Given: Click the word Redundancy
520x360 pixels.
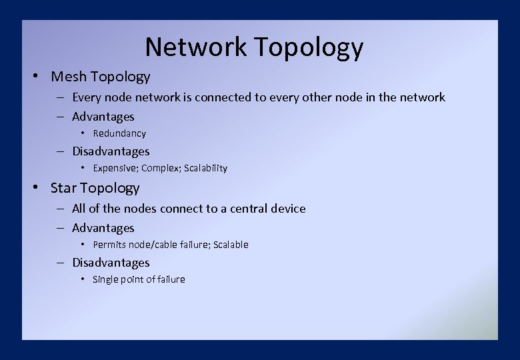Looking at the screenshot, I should (x=119, y=133).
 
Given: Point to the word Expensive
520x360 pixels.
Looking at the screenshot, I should (x=115, y=168).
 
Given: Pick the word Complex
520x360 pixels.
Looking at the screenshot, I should (x=159, y=168).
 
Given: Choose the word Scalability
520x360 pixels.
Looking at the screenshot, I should (x=203, y=168).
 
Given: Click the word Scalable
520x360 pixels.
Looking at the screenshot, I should (x=231, y=245).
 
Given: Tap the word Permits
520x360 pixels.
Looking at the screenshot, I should (x=109, y=245).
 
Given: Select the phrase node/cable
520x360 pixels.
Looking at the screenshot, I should (x=151, y=245).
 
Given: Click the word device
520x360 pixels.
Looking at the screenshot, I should (x=287, y=209).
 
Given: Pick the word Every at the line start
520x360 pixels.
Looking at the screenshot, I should (x=87, y=97).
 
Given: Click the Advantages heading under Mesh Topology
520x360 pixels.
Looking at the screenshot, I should (x=103, y=117).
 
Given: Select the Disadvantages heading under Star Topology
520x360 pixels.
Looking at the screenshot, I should (x=111, y=263).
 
